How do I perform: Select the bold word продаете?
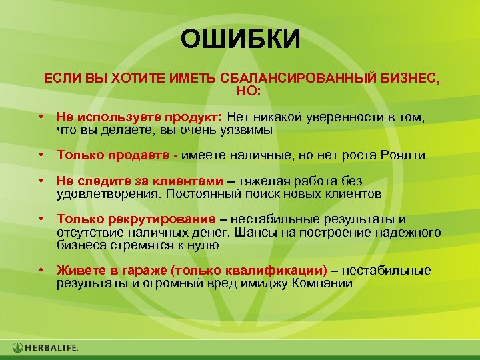139,155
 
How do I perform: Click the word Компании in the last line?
323,282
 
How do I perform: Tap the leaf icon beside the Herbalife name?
17,347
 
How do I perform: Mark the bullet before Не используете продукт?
41,117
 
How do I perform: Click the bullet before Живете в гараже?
41,270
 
